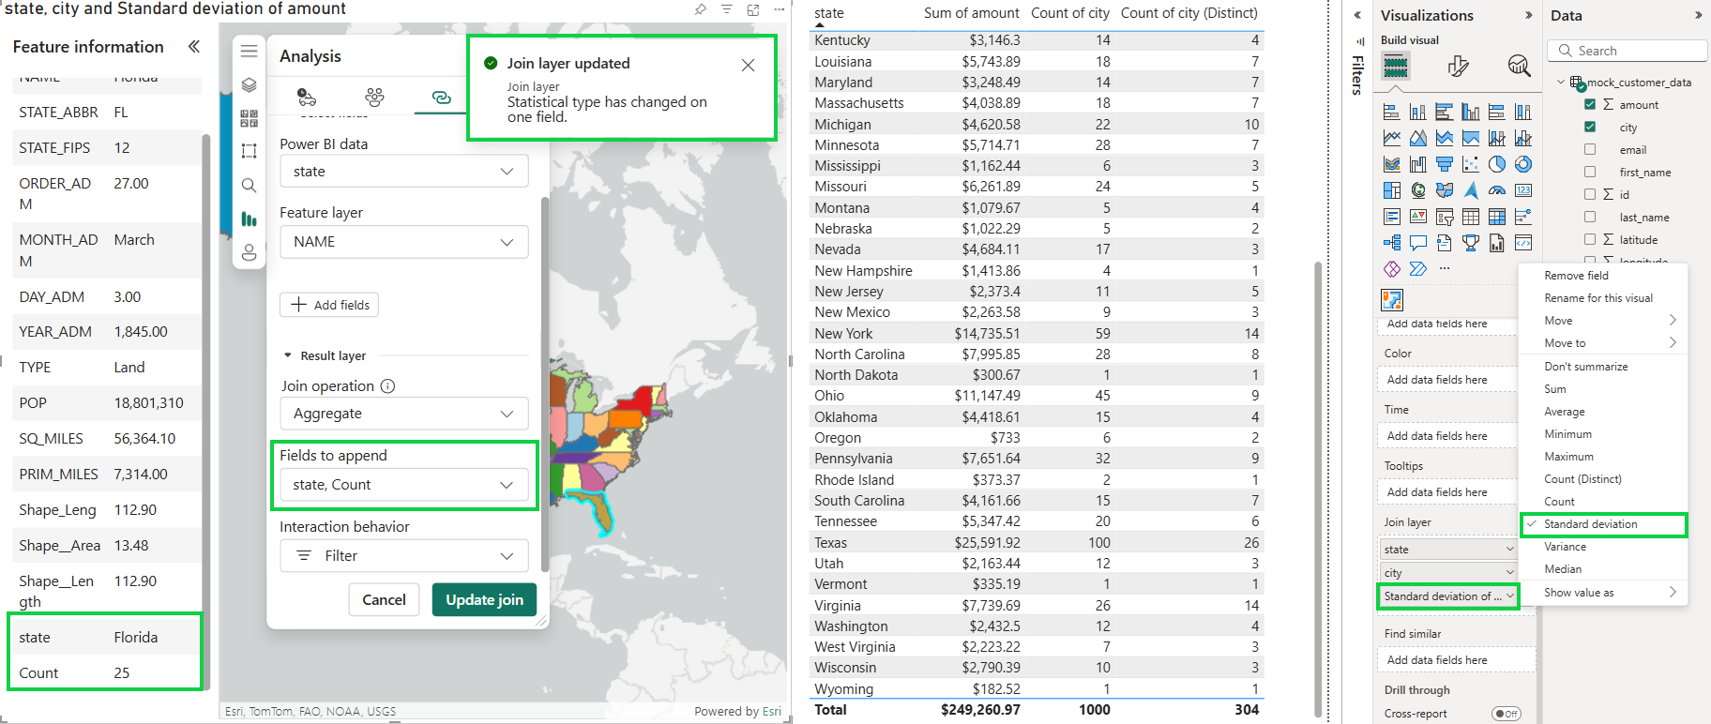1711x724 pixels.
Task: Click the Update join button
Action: tap(484, 600)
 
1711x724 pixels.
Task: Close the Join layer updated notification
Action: tap(748, 65)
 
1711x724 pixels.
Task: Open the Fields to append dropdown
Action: tap(404, 485)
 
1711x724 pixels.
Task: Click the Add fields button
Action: tap(329, 305)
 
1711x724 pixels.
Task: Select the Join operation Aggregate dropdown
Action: tap(404, 414)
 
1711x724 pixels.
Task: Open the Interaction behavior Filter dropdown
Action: tap(404, 556)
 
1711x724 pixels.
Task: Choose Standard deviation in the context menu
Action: tap(1590, 524)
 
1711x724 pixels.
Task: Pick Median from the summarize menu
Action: tap(1563, 569)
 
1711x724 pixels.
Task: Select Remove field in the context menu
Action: tap(1576, 276)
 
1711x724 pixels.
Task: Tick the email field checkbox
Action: tap(1590, 150)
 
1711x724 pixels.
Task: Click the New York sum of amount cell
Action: tap(987, 334)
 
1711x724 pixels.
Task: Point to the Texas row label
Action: tap(831, 543)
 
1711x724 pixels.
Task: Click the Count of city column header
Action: tap(1069, 13)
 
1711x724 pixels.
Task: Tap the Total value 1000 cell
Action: tap(1094, 710)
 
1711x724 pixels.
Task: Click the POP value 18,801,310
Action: tap(148, 403)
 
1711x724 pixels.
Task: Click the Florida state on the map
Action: tap(594, 511)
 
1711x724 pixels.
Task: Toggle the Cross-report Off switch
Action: tap(1506, 714)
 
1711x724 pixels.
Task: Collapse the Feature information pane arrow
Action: tap(194, 47)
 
